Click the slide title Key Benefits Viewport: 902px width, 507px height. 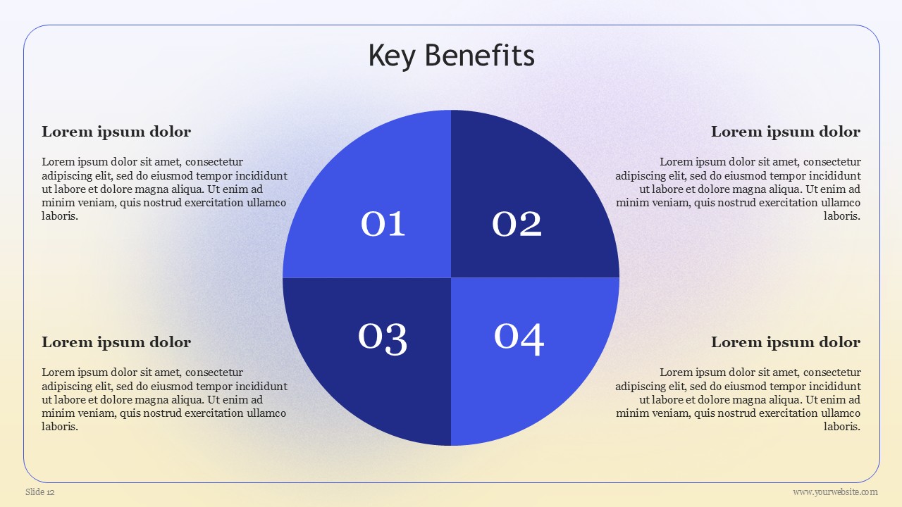coord(452,56)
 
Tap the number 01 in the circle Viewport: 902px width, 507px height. coord(383,224)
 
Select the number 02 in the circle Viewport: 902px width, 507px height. coord(517,224)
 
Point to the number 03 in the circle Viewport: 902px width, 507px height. coord(383,339)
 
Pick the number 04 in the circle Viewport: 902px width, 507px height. coord(519,339)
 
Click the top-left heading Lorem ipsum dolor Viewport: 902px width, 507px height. coord(116,132)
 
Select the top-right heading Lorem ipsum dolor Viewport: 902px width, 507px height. coord(786,132)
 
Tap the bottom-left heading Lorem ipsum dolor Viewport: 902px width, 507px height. coord(116,342)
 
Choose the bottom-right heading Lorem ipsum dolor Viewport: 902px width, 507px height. coord(786,342)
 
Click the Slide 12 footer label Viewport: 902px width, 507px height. coord(40,492)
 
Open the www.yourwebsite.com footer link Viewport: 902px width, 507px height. coord(835,492)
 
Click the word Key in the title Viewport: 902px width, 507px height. coord(392,56)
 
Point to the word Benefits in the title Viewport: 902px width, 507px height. coord(480,55)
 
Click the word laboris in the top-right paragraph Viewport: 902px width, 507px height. coord(842,216)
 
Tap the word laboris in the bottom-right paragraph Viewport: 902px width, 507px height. coord(842,427)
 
